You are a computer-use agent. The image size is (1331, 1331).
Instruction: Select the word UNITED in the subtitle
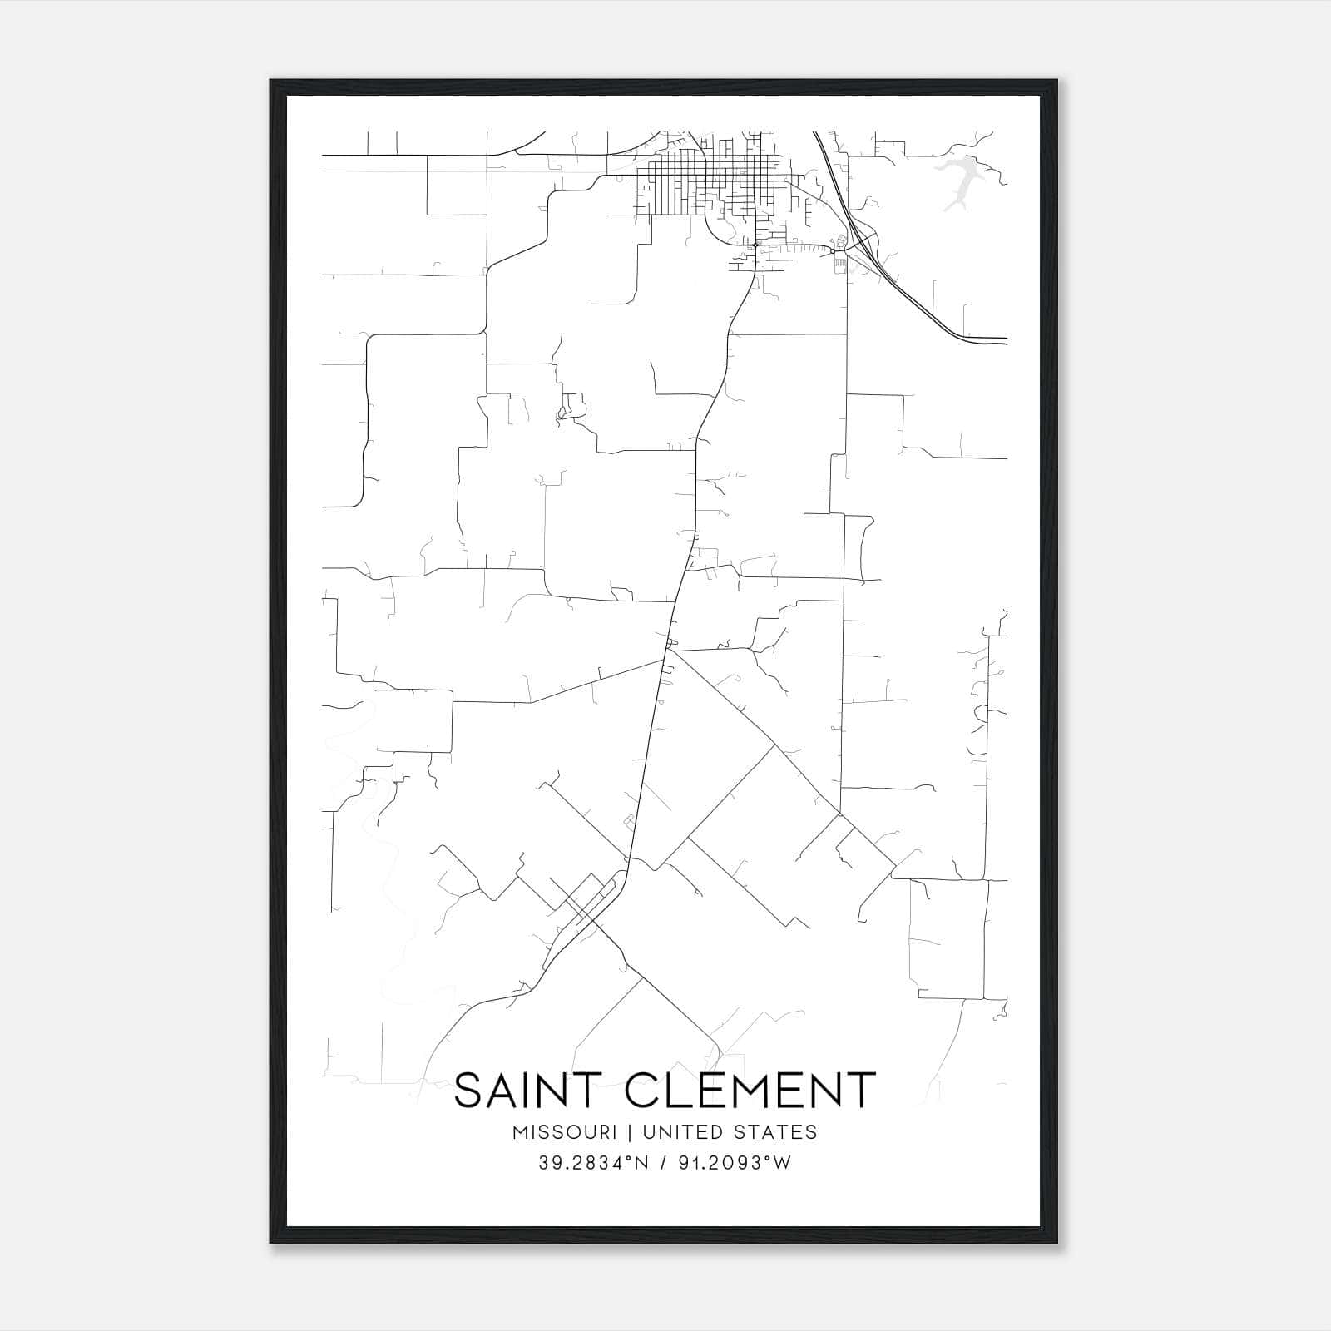point(680,1132)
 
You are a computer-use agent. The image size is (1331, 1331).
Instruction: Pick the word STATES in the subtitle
point(776,1132)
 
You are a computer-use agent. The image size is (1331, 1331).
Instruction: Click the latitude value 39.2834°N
point(592,1163)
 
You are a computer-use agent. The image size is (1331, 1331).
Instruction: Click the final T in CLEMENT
point(863,1091)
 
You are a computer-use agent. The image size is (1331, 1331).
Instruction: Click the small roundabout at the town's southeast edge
point(831,250)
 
